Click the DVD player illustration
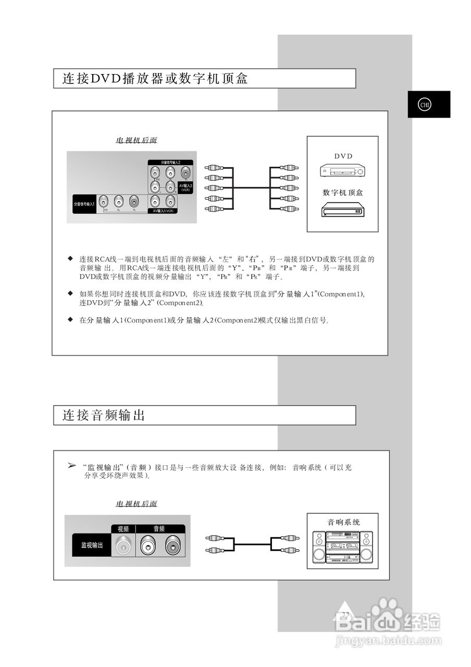342,171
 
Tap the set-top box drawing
342,209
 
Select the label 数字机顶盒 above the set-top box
342,193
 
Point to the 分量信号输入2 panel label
170,163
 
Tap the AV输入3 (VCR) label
185,187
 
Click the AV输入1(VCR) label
163,211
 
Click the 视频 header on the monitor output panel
123,528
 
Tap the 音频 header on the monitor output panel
159,528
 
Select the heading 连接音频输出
104,415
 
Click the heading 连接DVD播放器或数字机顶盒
155,79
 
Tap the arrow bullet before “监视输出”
72,465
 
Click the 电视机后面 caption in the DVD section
136,141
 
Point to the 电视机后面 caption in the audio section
136,504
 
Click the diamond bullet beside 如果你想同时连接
70,293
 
